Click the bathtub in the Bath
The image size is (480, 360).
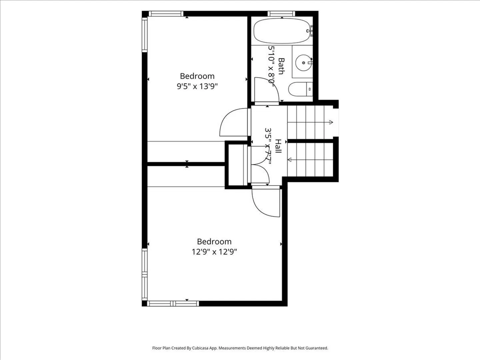pos(282,31)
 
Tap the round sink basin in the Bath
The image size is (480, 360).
pos(303,63)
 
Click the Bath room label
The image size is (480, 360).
pos(281,66)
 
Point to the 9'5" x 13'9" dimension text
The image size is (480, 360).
pos(197,86)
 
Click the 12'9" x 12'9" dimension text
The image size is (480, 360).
pos(214,252)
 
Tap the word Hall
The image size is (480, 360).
pos(278,146)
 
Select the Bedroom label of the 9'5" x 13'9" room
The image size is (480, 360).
pos(197,76)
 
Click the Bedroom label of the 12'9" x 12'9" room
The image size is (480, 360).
pos(214,242)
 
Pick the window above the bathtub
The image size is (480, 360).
pos(281,14)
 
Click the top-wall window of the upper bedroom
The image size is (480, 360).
pos(166,14)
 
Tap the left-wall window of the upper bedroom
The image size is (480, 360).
pos(145,35)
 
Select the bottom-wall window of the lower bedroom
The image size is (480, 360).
pos(173,303)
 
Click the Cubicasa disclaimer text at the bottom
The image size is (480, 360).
pos(240,348)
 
